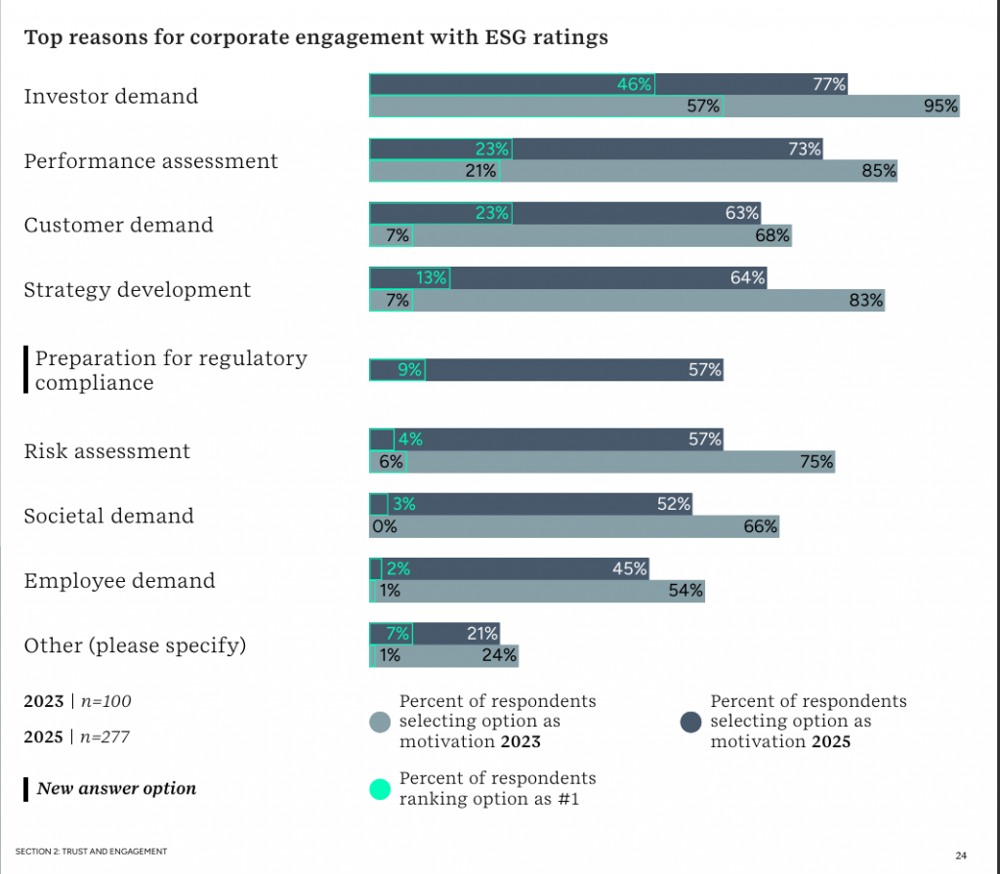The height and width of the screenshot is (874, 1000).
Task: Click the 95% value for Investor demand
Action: pyautogui.click(x=940, y=106)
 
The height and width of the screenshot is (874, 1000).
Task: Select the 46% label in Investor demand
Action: pyautogui.click(x=634, y=85)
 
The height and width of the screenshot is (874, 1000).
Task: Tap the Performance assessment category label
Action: pyautogui.click(x=150, y=161)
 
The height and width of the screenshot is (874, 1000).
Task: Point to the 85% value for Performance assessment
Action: pyautogui.click(x=878, y=171)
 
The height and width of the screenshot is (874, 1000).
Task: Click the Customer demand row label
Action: pyautogui.click(x=118, y=226)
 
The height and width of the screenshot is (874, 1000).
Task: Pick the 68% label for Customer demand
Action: pyautogui.click(x=771, y=235)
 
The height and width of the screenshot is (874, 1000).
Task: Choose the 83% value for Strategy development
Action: pyautogui.click(x=865, y=300)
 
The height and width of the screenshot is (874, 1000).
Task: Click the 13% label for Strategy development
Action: pyautogui.click(x=432, y=278)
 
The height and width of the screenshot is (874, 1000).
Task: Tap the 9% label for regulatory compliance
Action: pyautogui.click(x=410, y=370)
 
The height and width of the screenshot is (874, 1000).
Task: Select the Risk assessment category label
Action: pyautogui.click(x=107, y=451)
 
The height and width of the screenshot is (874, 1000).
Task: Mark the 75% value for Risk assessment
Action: pyautogui.click(x=816, y=462)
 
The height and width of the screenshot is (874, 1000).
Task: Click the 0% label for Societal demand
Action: pyautogui.click(x=384, y=526)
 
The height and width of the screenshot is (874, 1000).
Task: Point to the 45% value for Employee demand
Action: pyautogui.click(x=629, y=569)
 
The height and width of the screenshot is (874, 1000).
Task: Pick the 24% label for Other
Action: pyautogui.click(x=499, y=655)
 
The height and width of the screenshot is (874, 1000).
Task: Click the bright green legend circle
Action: pyautogui.click(x=381, y=787)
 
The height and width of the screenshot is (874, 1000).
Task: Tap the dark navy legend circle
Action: pyautogui.click(x=691, y=722)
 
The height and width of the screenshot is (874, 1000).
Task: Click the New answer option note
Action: pyautogui.click(x=116, y=788)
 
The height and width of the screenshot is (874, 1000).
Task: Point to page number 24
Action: pyautogui.click(x=961, y=855)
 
